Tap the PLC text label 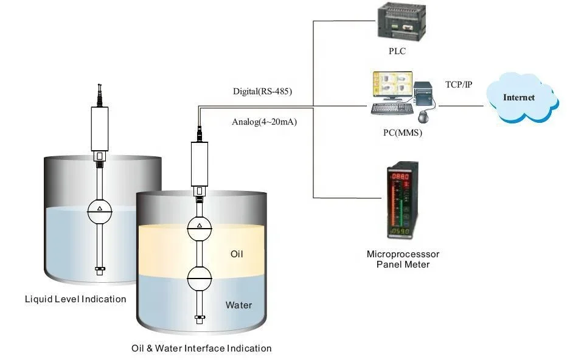397,52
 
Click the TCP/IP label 458,85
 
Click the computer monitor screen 392,86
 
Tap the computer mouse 424,116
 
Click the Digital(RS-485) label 262,92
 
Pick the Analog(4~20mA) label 264,121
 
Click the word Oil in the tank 236,254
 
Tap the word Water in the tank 238,305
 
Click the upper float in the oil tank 198,229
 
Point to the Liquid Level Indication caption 75,299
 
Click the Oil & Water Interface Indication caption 201,348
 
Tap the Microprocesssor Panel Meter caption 403,258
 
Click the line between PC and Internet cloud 462,106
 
